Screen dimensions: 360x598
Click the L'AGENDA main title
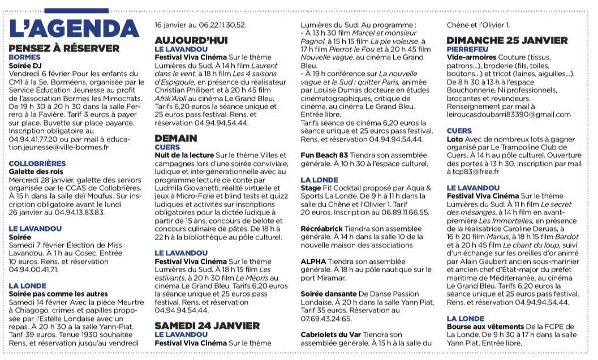74,28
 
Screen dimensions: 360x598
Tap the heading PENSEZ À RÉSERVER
64,49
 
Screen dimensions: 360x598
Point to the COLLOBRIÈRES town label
37,164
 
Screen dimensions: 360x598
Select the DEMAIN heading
176,138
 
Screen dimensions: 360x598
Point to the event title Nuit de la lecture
184,155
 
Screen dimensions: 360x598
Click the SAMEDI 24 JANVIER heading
212,325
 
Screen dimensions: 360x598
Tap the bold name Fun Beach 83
324,155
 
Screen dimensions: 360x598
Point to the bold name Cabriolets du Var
331,335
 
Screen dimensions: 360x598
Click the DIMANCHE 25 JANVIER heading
507,41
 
